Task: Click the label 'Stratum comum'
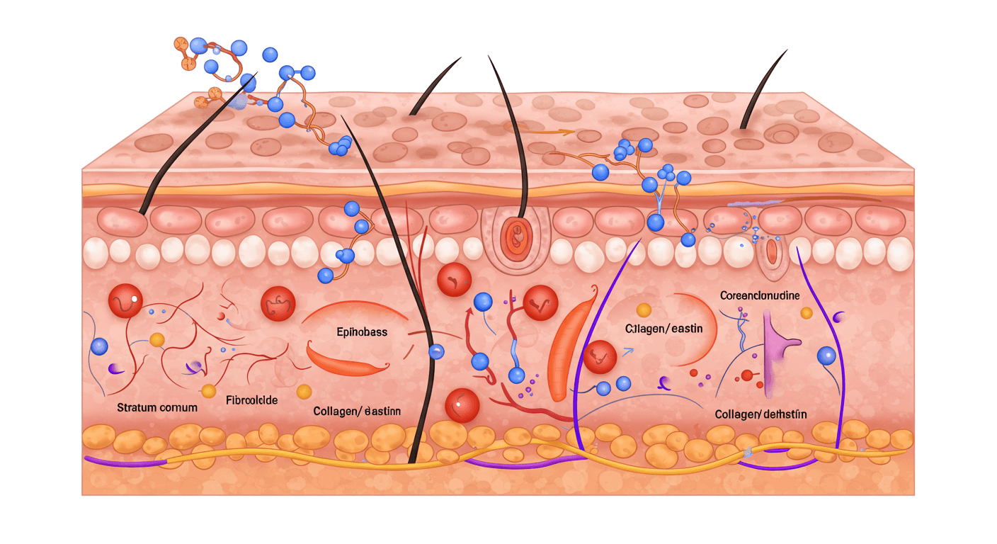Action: pos(156,408)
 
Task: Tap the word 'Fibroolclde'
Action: pos(251,400)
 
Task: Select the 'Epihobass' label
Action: pos(362,331)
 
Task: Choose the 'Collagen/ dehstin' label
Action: pos(760,414)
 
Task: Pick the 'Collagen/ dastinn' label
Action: pos(356,411)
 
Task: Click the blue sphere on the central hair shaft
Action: pos(435,351)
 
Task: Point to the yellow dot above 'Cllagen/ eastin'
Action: pos(644,310)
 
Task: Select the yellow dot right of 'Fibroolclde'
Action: pos(304,391)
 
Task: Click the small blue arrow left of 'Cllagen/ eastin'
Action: pos(627,350)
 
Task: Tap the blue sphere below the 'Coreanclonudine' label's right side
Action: pos(826,356)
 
